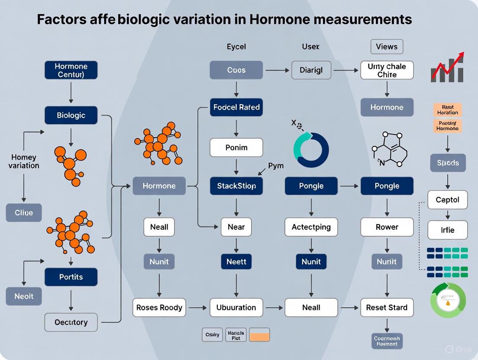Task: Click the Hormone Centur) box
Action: [x=71, y=70]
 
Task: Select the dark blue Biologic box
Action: [x=71, y=116]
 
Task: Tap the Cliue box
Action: [x=23, y=213]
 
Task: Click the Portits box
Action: [x=71, y=277]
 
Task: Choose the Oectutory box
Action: [x=71, y=322]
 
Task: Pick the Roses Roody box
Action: [x=159, y=308]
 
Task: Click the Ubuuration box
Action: [x=236, y=308]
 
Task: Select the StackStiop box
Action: [x=236, y=186]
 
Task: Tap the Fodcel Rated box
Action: [x=236, y=107]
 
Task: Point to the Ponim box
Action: [x=236, y=148]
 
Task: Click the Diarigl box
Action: [x=311, y=70]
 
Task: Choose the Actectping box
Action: [x=311, y=227]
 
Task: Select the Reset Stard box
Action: [x=387, y=308]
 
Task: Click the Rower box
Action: [x=387, y=227]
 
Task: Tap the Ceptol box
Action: [x=447, y=200]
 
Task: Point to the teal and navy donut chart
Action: [x=311, y=150]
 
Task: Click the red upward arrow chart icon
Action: [x=447, y=68]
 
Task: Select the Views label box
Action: [x=387, y=47]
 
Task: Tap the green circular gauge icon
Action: [x=448, y=300]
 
